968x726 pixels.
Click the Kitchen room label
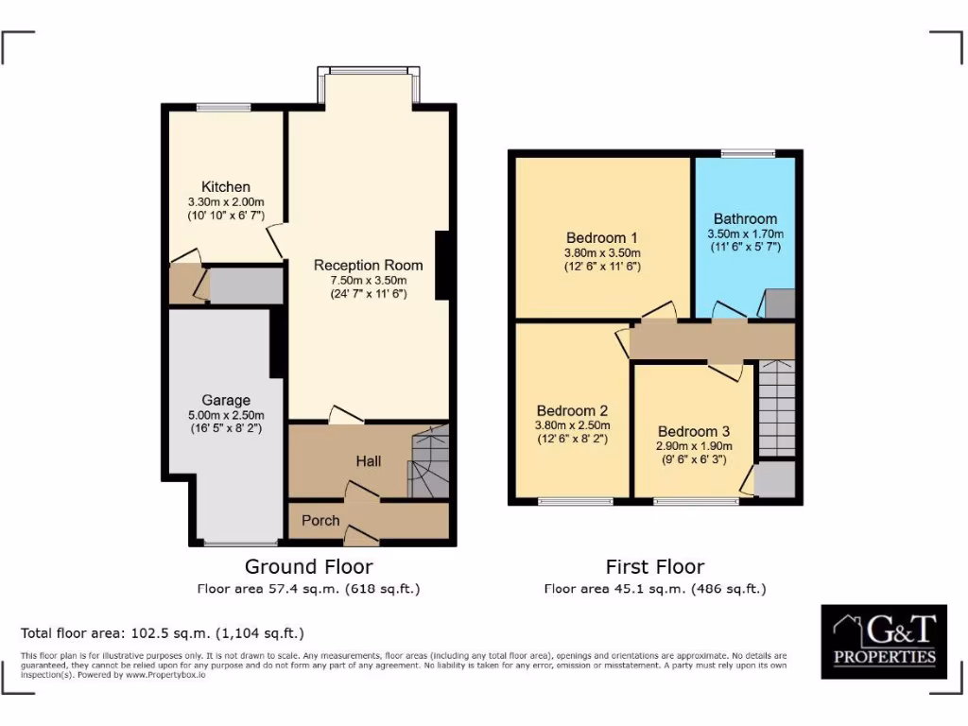(x=226, y=187)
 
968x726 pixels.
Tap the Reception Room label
(x=368, y=265)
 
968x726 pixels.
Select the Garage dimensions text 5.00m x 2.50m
(x=226, y=414)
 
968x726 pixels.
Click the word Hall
(x=369, y=460)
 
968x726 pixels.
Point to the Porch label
(x=320, y=520)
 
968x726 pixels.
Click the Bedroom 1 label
(x=602, y=237)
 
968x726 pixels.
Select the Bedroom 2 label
(x=572, y=411)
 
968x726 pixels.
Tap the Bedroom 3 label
(x=694, y=430)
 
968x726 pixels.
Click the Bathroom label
(x=745, y=218)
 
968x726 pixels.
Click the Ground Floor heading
(x=308, y=567)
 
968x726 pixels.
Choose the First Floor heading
(x=654, y=567)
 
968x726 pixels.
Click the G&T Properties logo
(x=883, y=641)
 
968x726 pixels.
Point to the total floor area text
(x=163, y=632)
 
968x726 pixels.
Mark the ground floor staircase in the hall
(x=427, y=463)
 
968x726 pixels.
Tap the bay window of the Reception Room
(x=369, y=71)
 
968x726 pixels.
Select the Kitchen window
(x=224, y=107)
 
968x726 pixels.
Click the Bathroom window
(x=748, y=153)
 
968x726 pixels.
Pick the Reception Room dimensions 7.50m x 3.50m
(x=368, y=280)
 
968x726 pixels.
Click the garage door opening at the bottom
(x=227, y=544)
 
